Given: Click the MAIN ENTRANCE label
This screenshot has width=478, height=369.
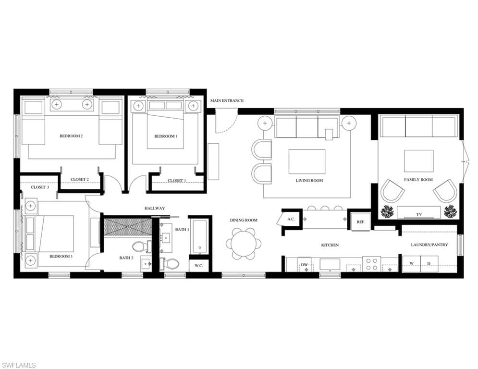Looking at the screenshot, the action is [x=227, y=100].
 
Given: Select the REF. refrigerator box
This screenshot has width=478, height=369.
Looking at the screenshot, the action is [x=361, y=222].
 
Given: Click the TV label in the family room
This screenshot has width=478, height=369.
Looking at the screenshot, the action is [x=419, y=214].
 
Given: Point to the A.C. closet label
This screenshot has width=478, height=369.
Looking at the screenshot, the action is [x=291, y=219].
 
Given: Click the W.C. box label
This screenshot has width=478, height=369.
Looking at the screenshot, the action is [x=199, y=266].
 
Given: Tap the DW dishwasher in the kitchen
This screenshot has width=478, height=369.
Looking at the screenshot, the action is [x=304, y=265].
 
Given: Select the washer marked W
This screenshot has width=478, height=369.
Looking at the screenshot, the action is [x=411, y=264].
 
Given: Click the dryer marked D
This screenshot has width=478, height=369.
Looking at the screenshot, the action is [x=429, y=264].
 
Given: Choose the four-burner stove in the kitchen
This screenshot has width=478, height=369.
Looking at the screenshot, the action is [x=371, y=264].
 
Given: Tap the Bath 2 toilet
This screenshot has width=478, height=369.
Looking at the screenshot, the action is [x=141, y=246].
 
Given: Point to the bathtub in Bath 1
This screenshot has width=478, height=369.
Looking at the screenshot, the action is [x=200, y=237].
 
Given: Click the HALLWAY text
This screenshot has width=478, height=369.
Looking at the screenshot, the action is [x=155, y=209].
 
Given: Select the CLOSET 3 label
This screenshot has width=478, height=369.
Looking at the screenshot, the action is [x=40, y=187].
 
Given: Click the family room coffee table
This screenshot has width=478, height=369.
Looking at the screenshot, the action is [x=418, y=161].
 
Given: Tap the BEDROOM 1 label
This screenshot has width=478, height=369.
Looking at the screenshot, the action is [x=166, y=136].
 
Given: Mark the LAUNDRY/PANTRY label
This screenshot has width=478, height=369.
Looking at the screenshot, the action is [x=429, y=245].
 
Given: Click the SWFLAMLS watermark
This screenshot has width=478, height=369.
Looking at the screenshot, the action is [x=18, y=365].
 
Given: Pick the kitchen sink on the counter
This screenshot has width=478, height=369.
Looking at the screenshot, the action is [x=330, y=264].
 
